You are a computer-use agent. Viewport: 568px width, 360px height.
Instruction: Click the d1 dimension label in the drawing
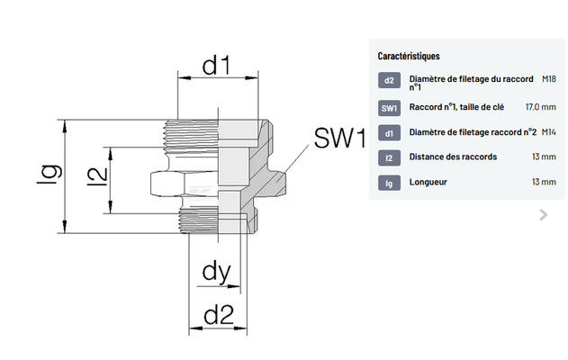click(x=216, y=66)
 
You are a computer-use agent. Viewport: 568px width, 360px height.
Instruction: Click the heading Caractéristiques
click(x=409, y=56)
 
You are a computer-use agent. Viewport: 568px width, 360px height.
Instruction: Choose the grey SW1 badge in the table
click(x=389, y=108)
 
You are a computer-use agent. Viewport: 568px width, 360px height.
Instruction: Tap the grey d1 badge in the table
click(x=389, y=133)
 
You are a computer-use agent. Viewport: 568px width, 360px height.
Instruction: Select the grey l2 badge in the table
click(x=389, y=157)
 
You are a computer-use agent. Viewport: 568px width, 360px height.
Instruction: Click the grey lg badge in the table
click(x=389, y=183)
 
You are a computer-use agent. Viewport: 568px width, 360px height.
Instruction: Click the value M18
click(x=549, y=78)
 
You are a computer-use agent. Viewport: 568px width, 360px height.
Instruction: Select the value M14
click(x=549, y=133)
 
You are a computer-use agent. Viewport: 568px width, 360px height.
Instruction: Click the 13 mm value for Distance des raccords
click(x=544, y=157)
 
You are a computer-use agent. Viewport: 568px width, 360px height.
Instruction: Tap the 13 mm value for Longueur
click(x=544, y=183)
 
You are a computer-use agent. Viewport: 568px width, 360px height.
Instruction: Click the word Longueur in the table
click(x=428, y=183)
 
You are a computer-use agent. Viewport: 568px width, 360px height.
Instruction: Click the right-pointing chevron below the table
click(x=543, y=214)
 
